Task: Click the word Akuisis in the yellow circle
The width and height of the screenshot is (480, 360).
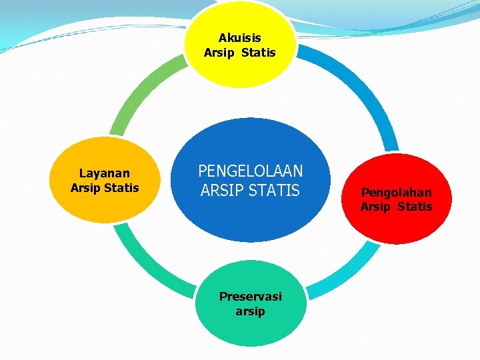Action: (239, 38)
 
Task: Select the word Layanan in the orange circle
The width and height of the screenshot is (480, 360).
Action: (105, 173)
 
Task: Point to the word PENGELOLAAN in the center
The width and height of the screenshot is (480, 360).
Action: (250, 171)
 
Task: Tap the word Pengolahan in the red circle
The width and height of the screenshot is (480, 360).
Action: (396, 192)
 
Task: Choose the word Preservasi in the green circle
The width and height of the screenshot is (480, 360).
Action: (250, 296)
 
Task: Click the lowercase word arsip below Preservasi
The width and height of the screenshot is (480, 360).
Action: (250, 311)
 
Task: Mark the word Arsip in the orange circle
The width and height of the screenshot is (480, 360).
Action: (85, 188)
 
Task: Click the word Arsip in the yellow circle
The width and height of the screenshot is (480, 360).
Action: (219, 53)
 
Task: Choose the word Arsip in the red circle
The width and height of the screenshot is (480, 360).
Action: (375, 207)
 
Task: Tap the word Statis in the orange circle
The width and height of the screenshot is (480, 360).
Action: (121, 188)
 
